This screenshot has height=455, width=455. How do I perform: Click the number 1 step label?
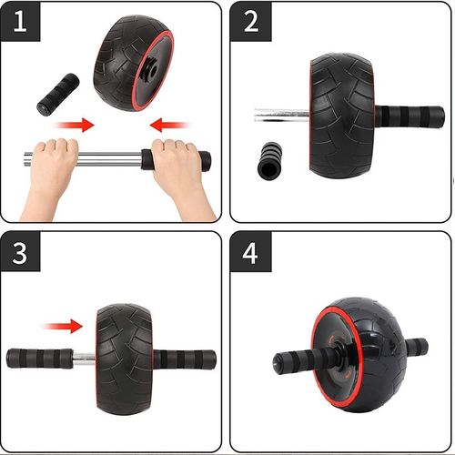click(20, 22)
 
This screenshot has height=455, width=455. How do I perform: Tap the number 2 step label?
click(251, 22)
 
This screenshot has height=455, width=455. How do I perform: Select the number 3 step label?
click(20, 253)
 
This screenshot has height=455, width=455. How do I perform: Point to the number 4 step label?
click(250, 253)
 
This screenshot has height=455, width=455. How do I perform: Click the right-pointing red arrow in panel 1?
click(74, 125)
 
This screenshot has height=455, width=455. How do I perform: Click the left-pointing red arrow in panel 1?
click(169, 125)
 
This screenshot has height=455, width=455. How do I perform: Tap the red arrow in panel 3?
click(63, 327)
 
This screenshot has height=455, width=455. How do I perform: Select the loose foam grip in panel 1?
click(58, 94)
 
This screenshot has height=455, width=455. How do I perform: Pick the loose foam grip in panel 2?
click(269, 161)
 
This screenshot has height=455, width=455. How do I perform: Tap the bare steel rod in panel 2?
click(282, 115)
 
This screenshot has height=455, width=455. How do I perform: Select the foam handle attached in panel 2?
click(409, 116)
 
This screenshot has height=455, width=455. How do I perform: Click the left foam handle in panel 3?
click(40, 359)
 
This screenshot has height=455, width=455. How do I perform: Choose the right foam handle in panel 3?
click(184, 359)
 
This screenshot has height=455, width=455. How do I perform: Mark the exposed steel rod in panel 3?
click(85, 359)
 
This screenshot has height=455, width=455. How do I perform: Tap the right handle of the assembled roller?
click(417, 347)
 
